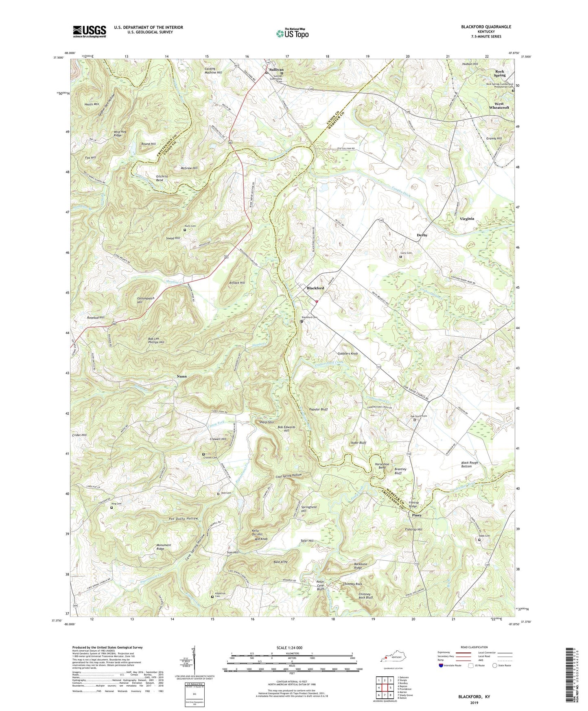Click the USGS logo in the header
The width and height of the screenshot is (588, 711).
click(x=90, y=31)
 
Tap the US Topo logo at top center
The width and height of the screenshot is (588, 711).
click(x=292, y=33)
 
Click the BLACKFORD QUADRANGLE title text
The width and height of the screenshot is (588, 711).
click(x=486, y=27)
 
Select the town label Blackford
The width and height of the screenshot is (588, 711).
click(x=315, y=288)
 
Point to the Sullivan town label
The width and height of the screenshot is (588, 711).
click(x=276, y=70)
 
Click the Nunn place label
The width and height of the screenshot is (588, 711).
click(x=181, y=376)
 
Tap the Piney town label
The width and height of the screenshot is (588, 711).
click(x=416, y=515)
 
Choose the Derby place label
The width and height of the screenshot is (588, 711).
click(x=422, y=235)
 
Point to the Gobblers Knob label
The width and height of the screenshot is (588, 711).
click(x=348, y=353)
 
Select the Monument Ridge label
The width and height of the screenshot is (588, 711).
click(x=164, y=547)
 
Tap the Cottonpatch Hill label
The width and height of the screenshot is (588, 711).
click(x=145, y=300)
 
